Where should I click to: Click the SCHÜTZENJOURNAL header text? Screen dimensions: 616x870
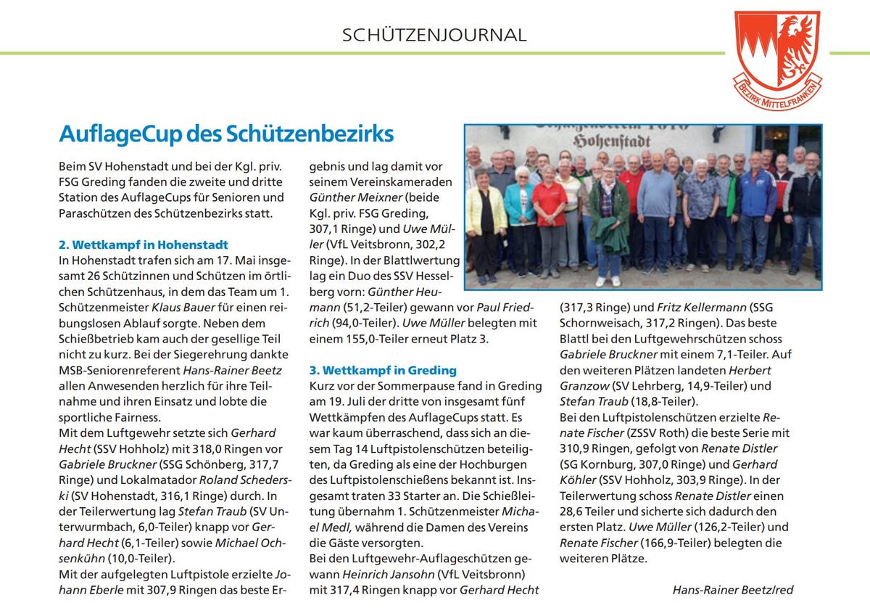[434, 35]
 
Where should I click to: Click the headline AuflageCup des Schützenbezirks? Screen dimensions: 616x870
[226, 134]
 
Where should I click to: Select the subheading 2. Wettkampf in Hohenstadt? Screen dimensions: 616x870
[144, 245]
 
